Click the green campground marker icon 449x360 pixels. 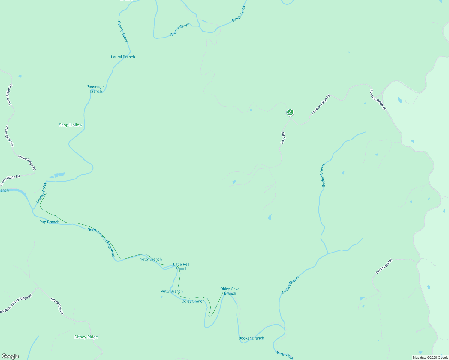tap(290, 112)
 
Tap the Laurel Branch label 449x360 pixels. tap(123, 57)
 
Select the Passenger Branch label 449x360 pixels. tap(96, 89)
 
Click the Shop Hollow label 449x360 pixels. tap(71, 125)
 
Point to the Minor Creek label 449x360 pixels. tap(239, 14)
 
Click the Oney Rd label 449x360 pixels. tap(283, 138)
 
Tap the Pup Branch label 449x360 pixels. tap(49, 222)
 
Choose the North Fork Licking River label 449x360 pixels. tap(101, 242)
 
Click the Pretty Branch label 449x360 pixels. tap(150, 259)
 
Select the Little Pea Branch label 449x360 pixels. tap(181, 266)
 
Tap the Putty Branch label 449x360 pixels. tap(172, 291)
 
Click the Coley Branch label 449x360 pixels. tap(193, 301)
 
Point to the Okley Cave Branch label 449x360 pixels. tap(230, 291)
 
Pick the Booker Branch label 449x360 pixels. tap(251, 338)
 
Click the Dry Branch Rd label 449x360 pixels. tap(384, 266)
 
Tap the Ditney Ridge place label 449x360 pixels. tap(86, 337)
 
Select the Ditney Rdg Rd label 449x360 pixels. tap(57, 306)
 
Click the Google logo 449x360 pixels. tap(10, 356)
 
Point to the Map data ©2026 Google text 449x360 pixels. tap(430, 358)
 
